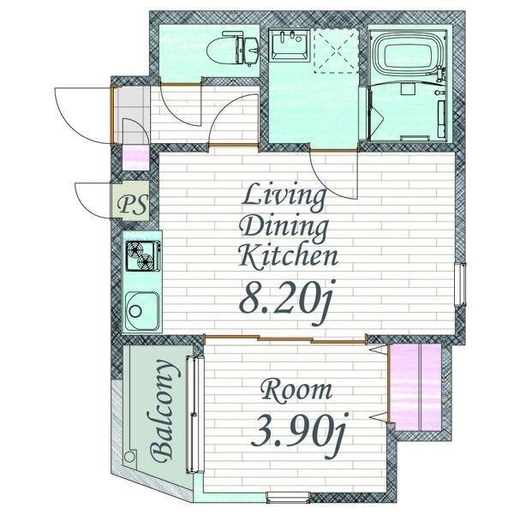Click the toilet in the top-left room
coord(233,48)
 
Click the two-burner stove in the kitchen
coord(143,256)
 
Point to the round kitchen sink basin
coord(142,311)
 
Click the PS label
coord(134,206)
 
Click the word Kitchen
coord(288,256)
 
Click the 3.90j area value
coord(299,433)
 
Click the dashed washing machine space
coord(336,51)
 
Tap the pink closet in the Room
coord(416,387)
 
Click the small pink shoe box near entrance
coord(135,158)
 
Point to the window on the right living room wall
coord(460,284)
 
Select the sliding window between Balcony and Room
coord(194,415)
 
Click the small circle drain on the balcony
coord(130,457)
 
